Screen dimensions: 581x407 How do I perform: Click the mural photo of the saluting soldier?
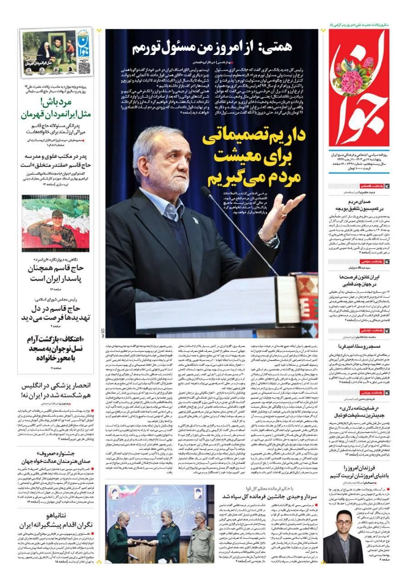[56, 223]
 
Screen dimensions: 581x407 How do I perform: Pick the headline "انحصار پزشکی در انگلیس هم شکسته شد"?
[57, 390]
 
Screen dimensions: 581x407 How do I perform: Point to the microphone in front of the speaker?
[207, 192]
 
